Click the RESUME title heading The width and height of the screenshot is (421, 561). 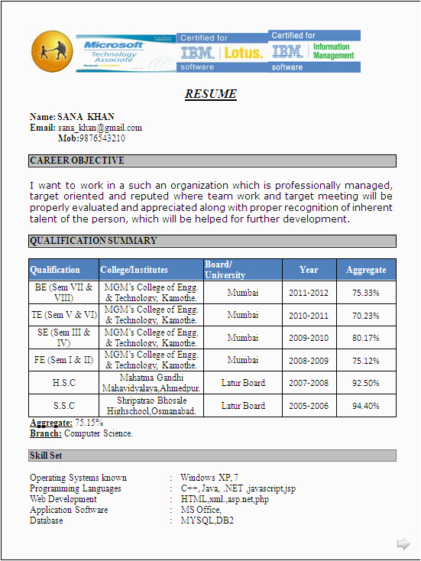click(211, 95)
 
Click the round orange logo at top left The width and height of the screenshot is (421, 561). click(52, 51)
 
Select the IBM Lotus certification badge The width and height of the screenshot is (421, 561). click(222, 52)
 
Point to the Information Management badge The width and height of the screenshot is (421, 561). click(315, 51)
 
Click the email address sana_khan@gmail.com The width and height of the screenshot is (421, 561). click(100, 128)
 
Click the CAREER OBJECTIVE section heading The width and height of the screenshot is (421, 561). click(77, 161)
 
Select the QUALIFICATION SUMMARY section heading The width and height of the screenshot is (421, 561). click(93, 241)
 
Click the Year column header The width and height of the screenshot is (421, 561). click(309, 270)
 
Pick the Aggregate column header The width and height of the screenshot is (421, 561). click(366, 270)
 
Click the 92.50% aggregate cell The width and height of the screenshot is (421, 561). click(366, 383)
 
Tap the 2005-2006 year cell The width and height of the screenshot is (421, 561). click(309, 406)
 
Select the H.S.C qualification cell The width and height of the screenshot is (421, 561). click(64, 383)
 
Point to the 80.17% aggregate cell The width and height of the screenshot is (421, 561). click(366, 338)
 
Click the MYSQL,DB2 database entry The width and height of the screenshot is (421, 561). click(207, 520)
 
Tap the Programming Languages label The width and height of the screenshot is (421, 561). click(76, 488)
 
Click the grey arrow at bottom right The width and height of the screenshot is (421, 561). click(403, 543)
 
